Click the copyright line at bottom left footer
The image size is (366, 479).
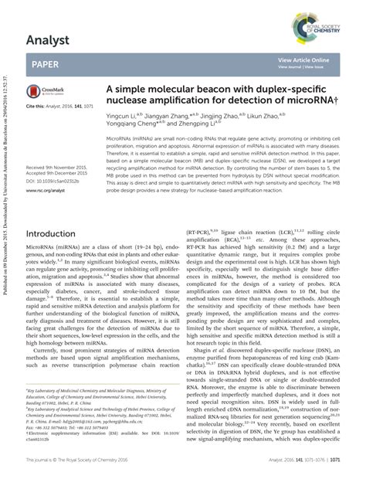pos(86,458)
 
